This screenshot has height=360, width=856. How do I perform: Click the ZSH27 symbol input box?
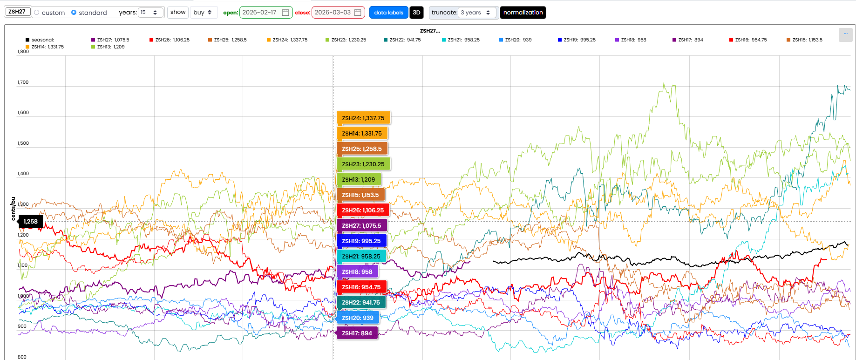(18, 12)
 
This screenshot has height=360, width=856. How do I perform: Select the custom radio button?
(37, 13)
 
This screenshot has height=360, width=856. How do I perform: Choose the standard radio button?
(74, 13)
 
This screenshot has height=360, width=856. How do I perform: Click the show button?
(178, 12)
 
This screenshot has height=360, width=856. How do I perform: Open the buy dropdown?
(203, 13)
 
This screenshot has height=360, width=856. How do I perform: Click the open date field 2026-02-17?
(265, 13)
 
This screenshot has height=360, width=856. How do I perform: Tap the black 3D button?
(416, 13)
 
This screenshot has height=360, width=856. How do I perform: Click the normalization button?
(523, 13)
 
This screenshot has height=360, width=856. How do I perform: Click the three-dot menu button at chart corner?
(845, 34)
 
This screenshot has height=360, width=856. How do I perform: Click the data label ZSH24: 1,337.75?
(363, 118)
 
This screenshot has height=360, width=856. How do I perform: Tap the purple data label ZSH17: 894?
(357, 333)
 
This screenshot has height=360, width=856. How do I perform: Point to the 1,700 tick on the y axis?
(23, 82)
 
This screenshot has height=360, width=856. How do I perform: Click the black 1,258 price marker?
(31, 222)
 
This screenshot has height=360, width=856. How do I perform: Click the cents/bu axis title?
(13, 208)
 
